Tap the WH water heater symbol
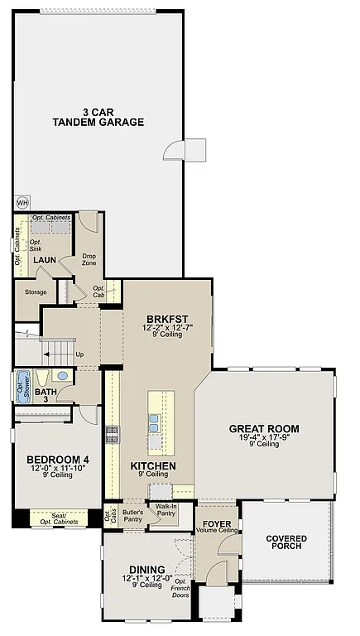22,201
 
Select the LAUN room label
44,260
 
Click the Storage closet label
36,291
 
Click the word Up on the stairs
79,354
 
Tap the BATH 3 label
46,395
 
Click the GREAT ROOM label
264,429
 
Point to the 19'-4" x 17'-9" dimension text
264,437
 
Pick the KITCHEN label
153,466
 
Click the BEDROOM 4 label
57,460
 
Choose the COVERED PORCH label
286,543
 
